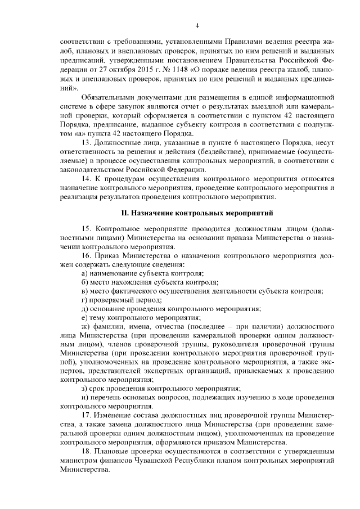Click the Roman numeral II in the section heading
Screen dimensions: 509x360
click(x=125, y=213)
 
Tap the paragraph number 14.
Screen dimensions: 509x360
click(x=86, y=178)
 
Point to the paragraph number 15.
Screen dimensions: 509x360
click(x=86, y=229)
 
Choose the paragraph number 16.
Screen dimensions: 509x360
click(x=86, y=255)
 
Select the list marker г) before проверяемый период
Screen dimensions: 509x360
click(x=84, y=299)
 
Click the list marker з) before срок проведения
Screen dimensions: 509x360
click(x=84, y=388)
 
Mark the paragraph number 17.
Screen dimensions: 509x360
click(x=86, y=415)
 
